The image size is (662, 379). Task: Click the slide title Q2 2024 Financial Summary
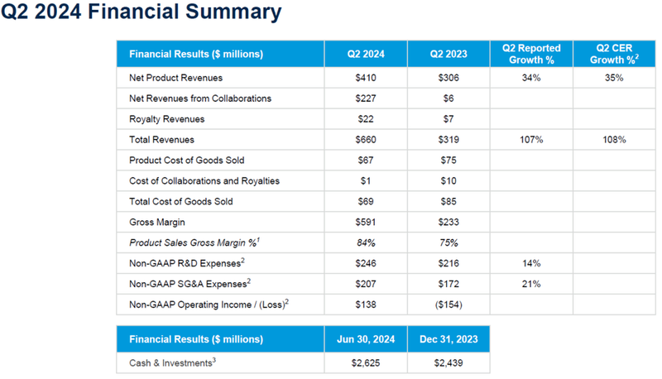(x=141, y=14)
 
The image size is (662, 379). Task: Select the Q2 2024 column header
(x=366, y=55)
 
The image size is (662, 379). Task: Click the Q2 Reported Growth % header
(x=531, y=55)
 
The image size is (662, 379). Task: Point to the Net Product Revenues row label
(x=176, y=78)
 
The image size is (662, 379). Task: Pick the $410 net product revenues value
(x=366, y=78)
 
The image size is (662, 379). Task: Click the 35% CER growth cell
(x=613, y=78)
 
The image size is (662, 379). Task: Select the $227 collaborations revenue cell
(x=366, y=98)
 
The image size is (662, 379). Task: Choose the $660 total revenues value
(x=366, y=140)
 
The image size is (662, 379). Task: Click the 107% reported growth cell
(x=531, y=140)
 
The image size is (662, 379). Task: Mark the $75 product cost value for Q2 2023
(x=449, y=161)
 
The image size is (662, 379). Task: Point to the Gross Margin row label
(x=156, y=223)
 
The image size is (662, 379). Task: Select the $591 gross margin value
(x=366, y=223)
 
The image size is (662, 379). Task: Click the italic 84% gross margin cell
(x=366, y=242)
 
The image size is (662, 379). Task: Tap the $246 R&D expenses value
(x=366, y=263)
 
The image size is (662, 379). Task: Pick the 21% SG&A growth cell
(x=531, y=284)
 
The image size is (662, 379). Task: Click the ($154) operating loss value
(x=449, y=305)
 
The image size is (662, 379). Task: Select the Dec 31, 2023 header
(x=449, y=339)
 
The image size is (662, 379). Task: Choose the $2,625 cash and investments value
(x=366, y=362)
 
